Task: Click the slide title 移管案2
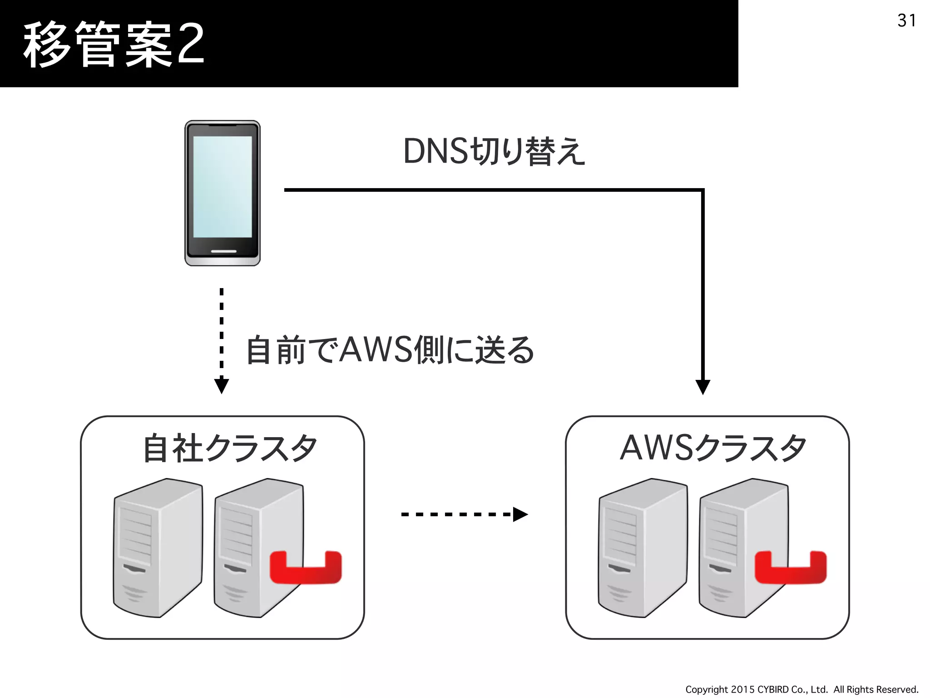point(114,45)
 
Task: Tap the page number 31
point(906,20)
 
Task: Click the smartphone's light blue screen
point(223,186)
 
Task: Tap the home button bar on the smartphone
point(223,251)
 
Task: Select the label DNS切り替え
point(494,151)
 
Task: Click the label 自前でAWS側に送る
point(390,350)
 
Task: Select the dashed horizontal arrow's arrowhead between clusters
point(519,514)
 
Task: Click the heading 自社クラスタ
point(229,448)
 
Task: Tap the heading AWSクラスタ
point(713,448)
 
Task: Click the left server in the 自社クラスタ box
point(157,548)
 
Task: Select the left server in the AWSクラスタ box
point(642,548)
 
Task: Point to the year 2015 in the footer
point(743,689)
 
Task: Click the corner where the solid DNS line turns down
point(702,190)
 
